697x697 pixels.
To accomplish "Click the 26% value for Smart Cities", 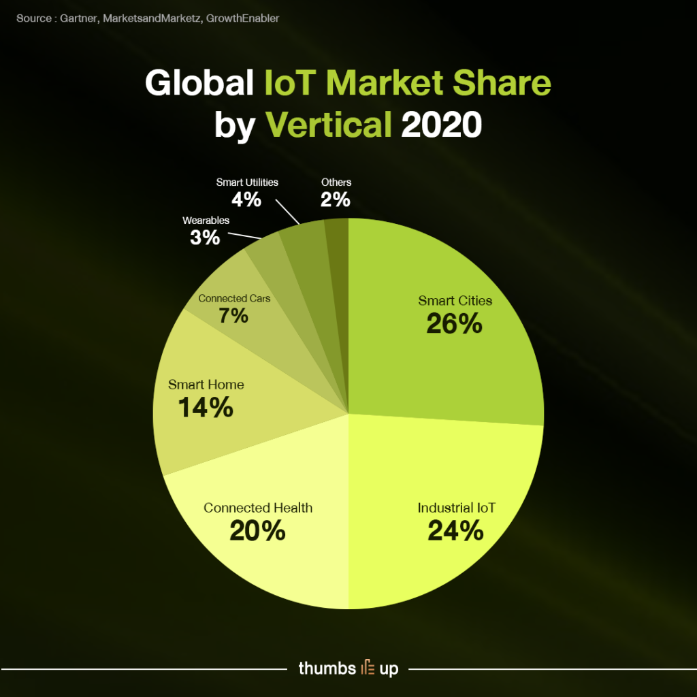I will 454,323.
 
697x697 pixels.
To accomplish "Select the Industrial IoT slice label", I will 456,508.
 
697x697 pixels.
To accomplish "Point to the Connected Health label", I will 258,508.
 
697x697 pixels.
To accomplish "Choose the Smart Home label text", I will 206,385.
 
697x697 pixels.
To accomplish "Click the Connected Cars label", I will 234,298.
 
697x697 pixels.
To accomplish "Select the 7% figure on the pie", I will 233,316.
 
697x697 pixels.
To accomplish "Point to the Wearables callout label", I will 206,221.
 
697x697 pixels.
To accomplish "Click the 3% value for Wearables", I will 205,238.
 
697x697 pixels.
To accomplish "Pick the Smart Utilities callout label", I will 247,182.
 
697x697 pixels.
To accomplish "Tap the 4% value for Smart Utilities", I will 246,199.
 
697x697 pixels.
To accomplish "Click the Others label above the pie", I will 336,182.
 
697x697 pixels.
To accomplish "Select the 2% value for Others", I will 336,199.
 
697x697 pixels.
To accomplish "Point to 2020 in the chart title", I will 442,125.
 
